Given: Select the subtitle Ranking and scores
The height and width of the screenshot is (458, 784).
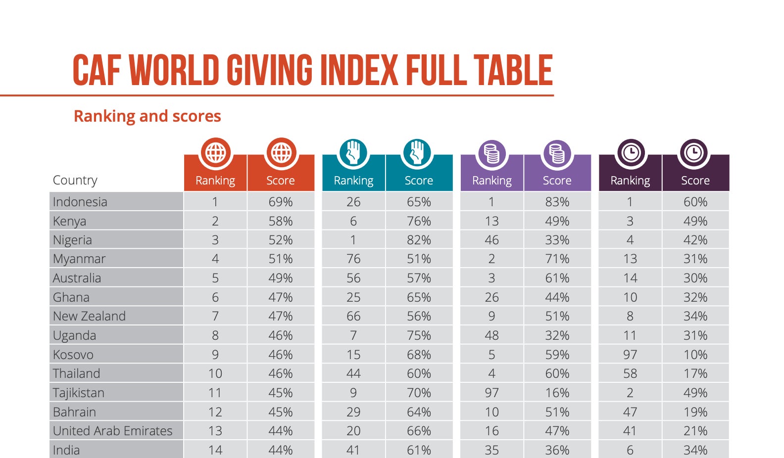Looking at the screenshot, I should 147,116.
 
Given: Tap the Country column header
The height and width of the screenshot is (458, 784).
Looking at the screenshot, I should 75,180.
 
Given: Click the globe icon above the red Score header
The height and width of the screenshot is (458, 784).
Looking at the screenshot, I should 281,153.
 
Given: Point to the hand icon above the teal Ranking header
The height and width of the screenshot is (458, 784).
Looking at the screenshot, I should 353,153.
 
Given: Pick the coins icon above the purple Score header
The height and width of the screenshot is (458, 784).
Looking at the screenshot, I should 557,153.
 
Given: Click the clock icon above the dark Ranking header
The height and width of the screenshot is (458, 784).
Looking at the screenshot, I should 631,153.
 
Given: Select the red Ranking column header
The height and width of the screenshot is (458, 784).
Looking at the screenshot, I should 215,181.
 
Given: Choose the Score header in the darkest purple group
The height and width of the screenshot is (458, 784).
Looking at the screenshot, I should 695,181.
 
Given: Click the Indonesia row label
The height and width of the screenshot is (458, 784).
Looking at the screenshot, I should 80,202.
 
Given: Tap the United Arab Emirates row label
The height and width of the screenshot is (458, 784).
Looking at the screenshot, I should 113,431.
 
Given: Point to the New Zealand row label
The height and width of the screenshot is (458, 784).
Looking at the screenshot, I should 89,316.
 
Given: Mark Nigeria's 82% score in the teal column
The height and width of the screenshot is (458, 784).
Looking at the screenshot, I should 419,240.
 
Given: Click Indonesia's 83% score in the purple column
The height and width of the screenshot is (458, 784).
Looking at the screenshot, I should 557,202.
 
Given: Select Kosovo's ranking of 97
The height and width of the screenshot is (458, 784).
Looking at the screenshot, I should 630,355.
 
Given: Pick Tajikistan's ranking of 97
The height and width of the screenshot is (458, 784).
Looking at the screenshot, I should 491,393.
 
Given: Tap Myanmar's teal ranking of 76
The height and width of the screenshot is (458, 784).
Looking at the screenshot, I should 353,259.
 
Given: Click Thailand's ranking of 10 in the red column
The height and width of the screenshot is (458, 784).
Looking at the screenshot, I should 215,373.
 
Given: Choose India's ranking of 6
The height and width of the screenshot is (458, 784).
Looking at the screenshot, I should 630,450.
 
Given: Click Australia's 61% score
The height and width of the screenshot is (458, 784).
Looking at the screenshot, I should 557,278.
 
